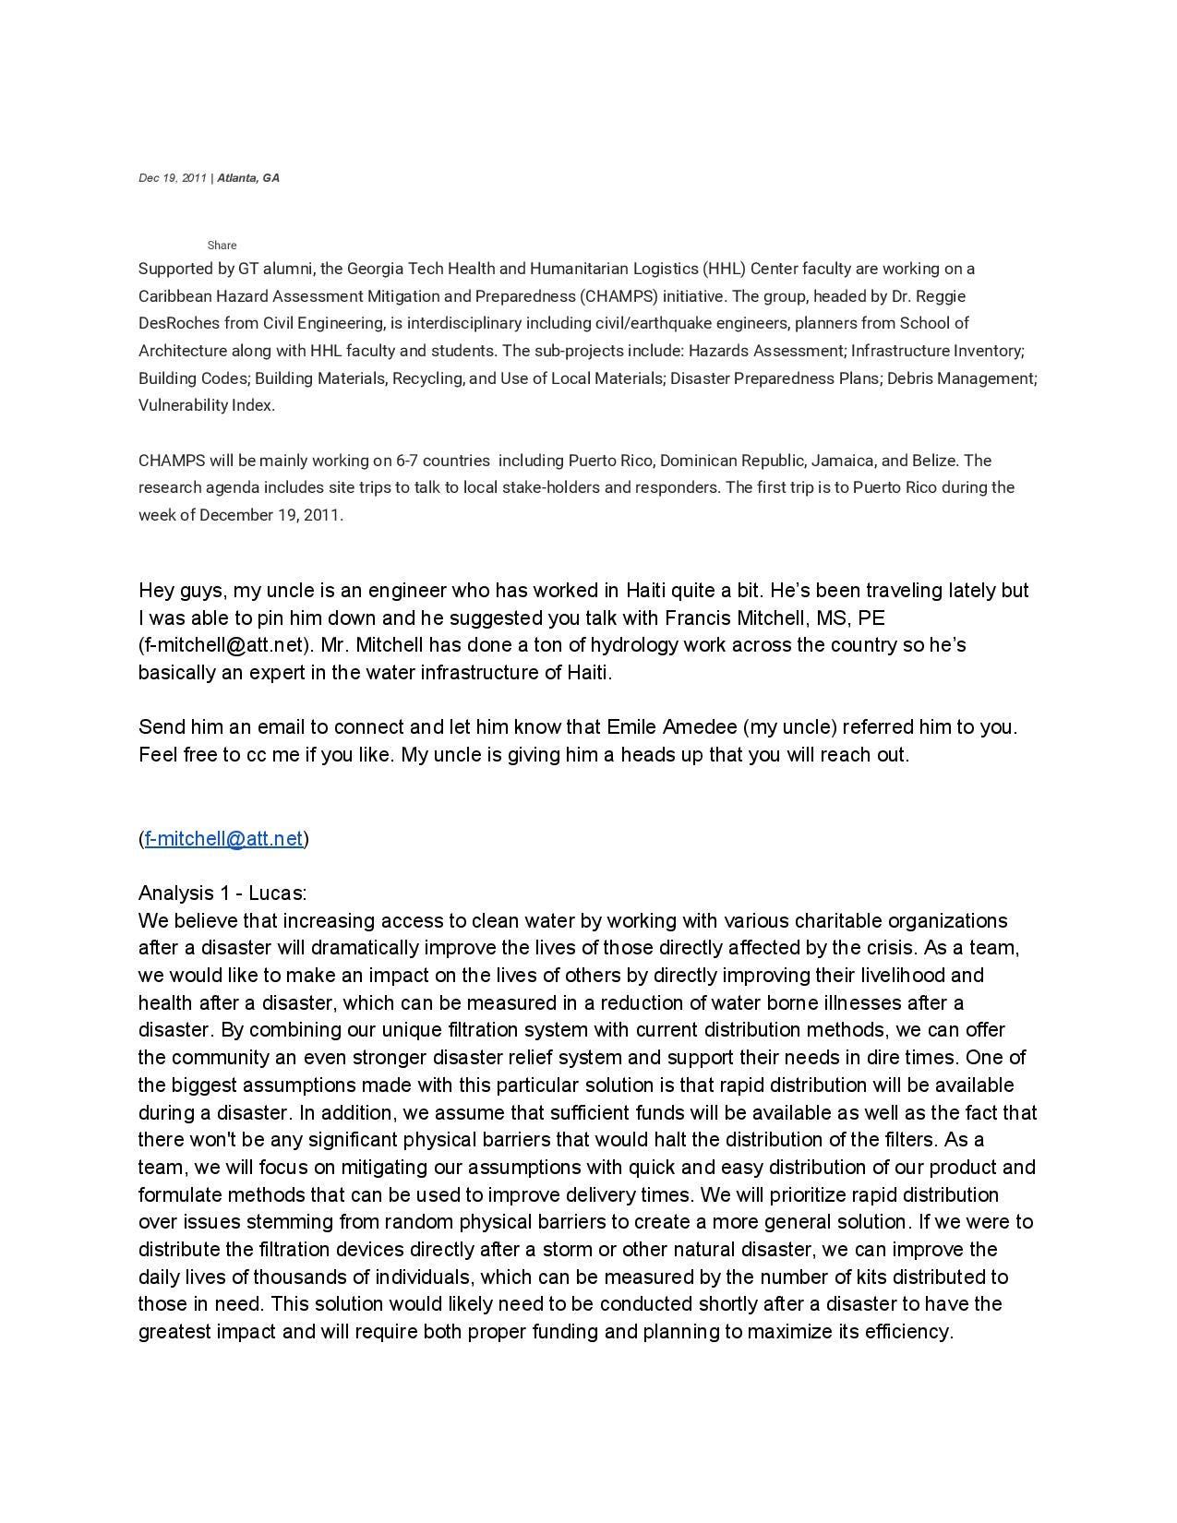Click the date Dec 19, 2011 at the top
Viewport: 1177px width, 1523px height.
(173, 178)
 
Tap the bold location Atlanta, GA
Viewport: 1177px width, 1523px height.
(248, 178)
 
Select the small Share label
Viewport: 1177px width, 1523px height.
(222, 246)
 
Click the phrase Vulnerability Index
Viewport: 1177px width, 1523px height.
(206, 405)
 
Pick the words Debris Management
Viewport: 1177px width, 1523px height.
(961, 378)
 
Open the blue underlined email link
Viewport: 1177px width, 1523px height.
(224, 839)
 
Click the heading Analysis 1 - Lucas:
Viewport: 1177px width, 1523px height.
(222, 893)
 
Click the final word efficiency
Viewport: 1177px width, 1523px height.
(908, 1332)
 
